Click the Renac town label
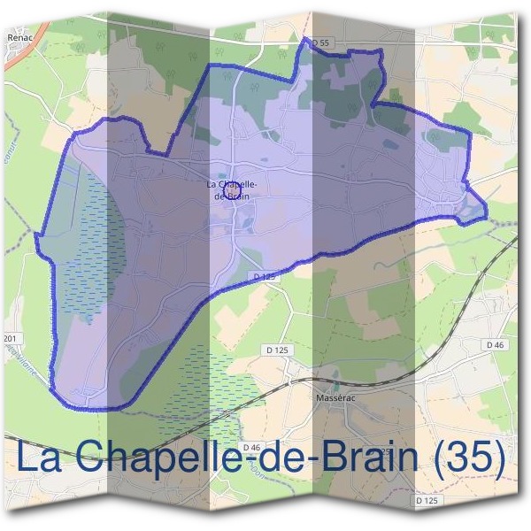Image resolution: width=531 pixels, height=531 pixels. coord(19,38)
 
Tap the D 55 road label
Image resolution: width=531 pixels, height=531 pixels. coord(320,42)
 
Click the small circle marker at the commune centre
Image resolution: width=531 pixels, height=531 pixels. coord(232,190)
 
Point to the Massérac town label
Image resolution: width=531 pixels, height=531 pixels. coord(334,397)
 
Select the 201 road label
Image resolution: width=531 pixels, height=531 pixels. coord(10,340)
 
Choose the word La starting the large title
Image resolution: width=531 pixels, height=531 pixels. coord(41,458)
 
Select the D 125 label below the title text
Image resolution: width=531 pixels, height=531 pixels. coord(427,501)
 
